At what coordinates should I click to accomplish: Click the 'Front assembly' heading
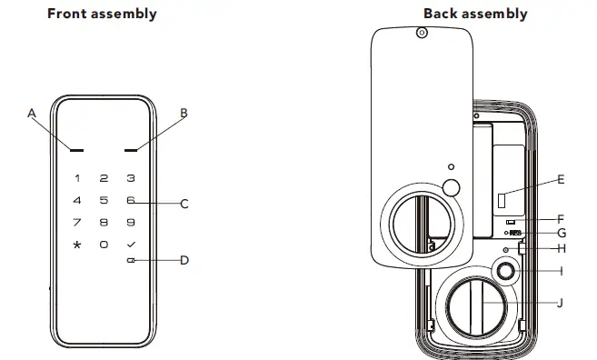[102, 14]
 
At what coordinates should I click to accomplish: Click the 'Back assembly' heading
[474, 14]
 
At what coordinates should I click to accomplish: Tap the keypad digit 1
[77, 179]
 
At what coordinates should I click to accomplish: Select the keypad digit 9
[131, 222]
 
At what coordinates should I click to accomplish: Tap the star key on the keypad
[77, 245]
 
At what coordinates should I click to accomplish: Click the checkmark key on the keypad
[131, 245]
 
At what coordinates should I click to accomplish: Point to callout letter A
[31, 114]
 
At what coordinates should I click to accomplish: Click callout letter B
[184, 114]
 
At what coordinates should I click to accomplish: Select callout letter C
[184, 204]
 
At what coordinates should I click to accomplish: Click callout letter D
[184, 261]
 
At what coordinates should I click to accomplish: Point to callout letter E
[561, 180]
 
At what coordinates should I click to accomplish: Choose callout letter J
[560, 304]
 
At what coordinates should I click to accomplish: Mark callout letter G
[561, 233]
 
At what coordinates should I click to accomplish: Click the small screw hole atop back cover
[420, 32]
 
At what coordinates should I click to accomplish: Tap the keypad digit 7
[77, 222]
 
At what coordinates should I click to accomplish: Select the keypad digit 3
[131, 179]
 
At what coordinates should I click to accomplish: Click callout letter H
[561, 248]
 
